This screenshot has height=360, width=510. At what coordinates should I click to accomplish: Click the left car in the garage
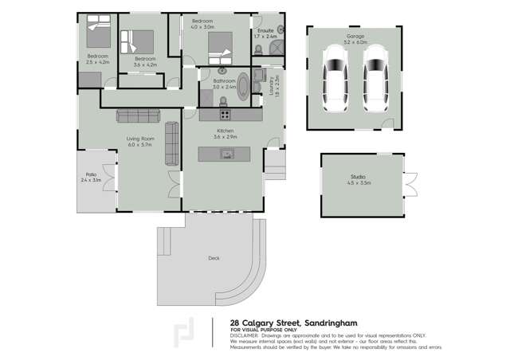(334, 75)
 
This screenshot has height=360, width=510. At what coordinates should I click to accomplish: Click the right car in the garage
(375, 75)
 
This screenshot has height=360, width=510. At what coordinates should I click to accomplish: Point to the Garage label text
(355, 36)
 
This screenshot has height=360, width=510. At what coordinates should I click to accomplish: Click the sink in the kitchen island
(226, 154)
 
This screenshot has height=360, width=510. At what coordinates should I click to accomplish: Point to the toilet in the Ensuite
(257, 51)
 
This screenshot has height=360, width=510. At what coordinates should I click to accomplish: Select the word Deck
(213, 258)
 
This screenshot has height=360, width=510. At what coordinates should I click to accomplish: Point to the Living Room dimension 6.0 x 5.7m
(139, 145)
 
